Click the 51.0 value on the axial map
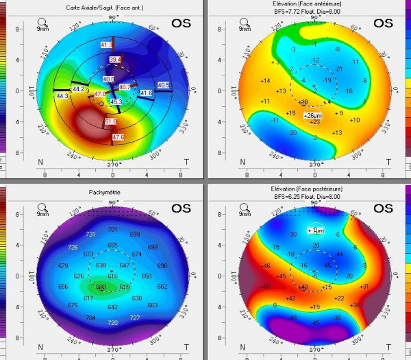tap(110, 121)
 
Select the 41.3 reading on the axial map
tap(106, 45)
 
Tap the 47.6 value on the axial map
tap(118, 138)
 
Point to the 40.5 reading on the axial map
tap(163, 85)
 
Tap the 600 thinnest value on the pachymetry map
tap(101, 287)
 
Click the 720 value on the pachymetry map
tap(113, 322)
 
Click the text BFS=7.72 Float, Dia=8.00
tap(314, 12)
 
